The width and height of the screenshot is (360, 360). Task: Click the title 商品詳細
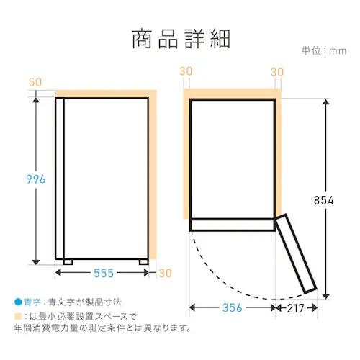(181, 39)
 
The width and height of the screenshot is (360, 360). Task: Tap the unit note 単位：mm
(324, 51)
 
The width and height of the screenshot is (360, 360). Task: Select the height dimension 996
(35, 179)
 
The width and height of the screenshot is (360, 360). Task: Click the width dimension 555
(104, 273)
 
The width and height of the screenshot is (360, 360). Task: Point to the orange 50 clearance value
(35, 82)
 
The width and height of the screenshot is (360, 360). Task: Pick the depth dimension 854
(324, 200)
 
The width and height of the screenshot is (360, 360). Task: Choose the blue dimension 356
(233, 308)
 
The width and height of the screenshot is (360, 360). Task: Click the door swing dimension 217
(296, 308)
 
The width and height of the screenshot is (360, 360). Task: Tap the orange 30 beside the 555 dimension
(166, 274)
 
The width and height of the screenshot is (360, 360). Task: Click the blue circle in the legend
(18, 302)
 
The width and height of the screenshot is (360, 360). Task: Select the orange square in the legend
(18, 316)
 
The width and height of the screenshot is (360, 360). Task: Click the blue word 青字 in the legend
(32, 302)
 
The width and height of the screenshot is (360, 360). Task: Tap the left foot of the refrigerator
(68, 262)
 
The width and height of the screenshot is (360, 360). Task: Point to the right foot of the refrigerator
(144, 262)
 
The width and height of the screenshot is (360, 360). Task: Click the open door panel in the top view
(296, 254)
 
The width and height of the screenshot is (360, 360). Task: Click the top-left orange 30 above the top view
(186, 71)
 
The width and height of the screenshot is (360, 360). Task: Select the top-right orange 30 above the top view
(277, 72)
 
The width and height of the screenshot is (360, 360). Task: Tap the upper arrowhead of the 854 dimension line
(325, 102)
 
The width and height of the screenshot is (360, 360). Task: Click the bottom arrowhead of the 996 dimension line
(36, 262)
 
